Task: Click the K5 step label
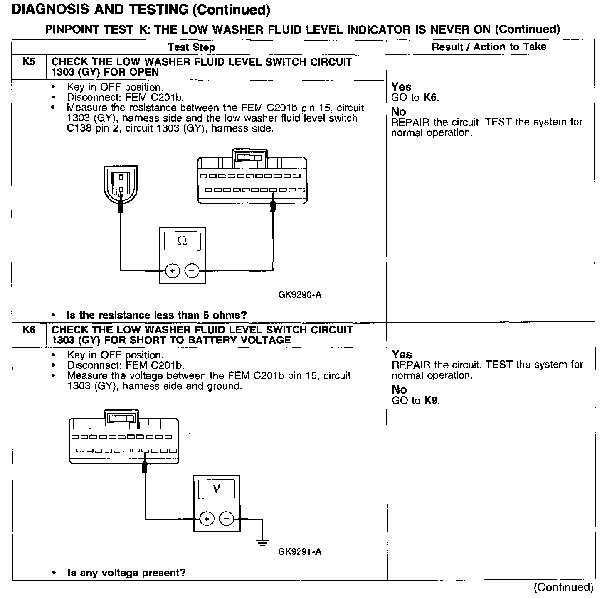click(x=29, y=62)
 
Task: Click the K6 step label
click(x=29, y=330)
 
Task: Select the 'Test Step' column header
click(x=192, y=47)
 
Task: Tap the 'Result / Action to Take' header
click(x=489, y=47)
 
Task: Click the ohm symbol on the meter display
click(x=182, y=240)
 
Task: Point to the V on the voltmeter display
click(x=216, y=489)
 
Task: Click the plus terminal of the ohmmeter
click(x=172, y=271)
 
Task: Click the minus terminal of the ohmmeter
click(x=192, y=271)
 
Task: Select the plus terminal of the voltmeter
click(x=207, y=519)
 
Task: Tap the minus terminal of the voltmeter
click(x=226, y=519)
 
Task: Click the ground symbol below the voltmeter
click(x=262, y=542)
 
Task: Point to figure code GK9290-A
click(x=300, y=295)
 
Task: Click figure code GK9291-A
click(x=300, y=552)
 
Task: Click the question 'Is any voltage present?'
click(x=126, y=573)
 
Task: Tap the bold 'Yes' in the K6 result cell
click(x=402, y=354)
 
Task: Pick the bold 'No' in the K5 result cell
click(x=399, y=111)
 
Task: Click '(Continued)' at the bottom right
click(x=564, y=587)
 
